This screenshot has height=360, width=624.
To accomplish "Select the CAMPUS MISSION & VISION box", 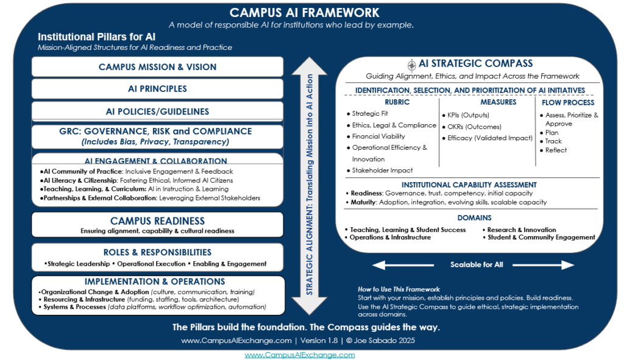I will [x=157, y=67].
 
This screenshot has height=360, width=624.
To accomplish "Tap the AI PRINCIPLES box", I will [x=157, y=89].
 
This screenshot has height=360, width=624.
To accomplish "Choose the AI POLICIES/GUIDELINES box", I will [x=157, y=111].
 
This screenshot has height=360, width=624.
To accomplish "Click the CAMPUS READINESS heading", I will [x=157, y=221].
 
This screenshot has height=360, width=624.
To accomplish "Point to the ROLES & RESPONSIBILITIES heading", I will [x=157, y=252].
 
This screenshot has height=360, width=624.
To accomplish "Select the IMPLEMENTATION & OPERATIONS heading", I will [x=155, y=282].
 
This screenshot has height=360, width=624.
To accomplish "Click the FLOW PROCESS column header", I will [x=567, y=102].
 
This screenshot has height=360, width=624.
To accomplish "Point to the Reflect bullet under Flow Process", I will [x=556, y=150].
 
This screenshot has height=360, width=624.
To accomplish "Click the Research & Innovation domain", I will [x=521, y=230].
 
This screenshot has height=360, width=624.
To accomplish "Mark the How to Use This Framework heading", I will [x=399, y=289].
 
